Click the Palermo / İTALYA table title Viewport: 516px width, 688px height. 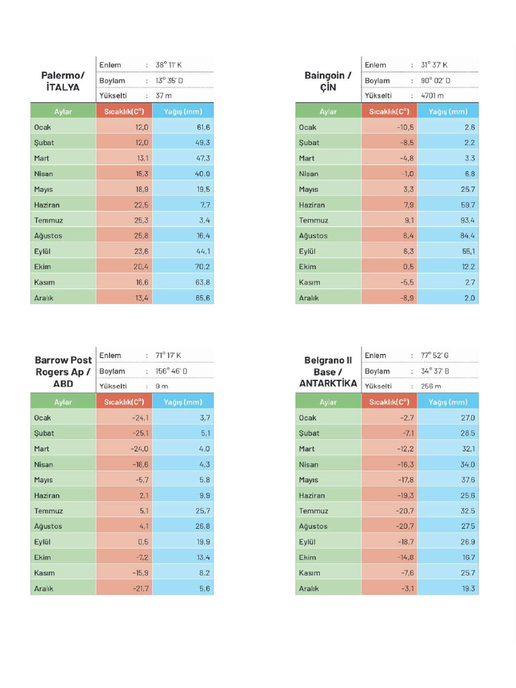[62, 81]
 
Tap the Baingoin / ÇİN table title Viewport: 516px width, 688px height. [328, 81]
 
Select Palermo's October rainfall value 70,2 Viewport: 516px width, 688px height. [203, 267]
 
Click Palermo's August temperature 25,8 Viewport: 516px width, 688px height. [141, 236]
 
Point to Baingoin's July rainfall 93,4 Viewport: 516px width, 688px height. [468, 220]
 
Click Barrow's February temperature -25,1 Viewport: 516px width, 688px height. [140, 433]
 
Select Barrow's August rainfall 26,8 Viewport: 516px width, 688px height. [203, 526]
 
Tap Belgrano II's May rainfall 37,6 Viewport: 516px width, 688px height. [468, 480]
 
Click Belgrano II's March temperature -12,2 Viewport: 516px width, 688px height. [406, 449]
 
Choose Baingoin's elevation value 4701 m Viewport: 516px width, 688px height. [432, 95]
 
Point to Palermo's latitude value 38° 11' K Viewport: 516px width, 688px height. [169, 65]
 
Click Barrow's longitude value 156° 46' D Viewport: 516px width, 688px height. [171, 371]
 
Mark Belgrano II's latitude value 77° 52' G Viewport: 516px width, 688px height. [435, 355]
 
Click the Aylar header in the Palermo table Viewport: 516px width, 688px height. [62, 112]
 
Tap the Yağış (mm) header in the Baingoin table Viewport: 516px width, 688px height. [448, 112]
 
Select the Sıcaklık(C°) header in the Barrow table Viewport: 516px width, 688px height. [124, 402]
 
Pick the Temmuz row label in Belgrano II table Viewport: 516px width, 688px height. [314, 511]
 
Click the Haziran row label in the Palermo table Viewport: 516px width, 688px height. [47, 205]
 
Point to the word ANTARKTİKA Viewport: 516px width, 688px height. [328, 384]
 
